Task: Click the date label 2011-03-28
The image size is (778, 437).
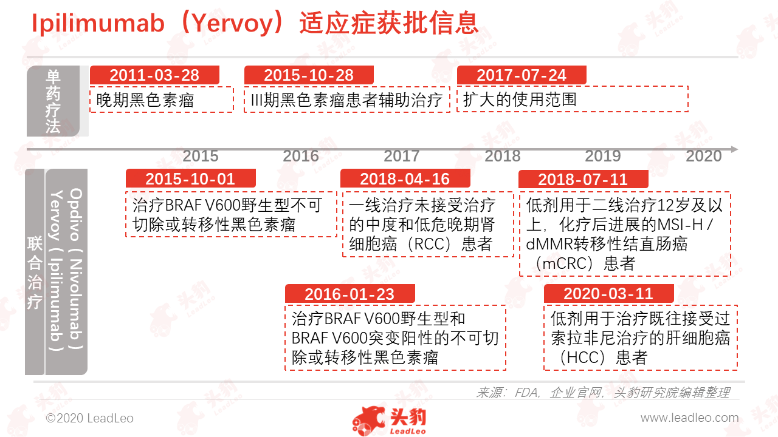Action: (154, 75)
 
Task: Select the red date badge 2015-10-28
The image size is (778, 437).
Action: (309, 75)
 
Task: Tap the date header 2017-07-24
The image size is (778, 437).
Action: (522, 75)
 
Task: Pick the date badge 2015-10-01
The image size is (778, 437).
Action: (190, 178)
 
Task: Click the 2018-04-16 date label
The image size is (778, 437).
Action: (405, 178)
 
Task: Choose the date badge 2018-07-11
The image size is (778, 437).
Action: (583, 179)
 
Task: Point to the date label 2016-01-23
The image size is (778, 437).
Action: (349, 294)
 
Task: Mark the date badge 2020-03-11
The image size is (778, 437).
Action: (609, 293)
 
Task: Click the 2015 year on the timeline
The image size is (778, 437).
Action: (201, 156)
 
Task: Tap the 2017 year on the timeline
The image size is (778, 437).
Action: (402, 156)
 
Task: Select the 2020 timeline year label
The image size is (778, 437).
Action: (704, 156)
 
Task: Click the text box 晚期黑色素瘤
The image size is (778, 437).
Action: (162, 100)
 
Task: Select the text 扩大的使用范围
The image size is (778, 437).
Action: (520, 100)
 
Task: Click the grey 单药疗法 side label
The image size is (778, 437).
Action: (53, 101)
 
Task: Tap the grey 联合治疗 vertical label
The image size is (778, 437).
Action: (35, 272)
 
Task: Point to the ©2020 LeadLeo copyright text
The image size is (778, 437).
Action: (89, 418)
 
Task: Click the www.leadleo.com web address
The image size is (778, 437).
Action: (690, 418)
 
